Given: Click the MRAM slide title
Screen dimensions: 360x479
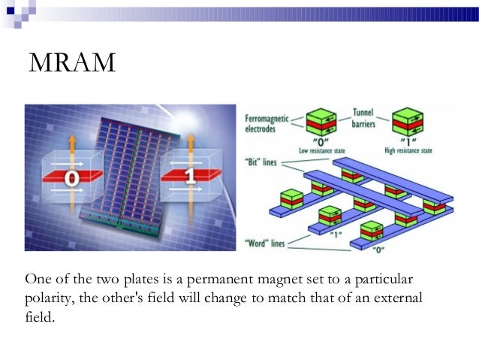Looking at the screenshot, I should coord(73,64).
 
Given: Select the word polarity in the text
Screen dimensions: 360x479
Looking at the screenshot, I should coord(49,299).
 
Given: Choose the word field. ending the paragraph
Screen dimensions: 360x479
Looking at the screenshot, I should coord(40,318).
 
